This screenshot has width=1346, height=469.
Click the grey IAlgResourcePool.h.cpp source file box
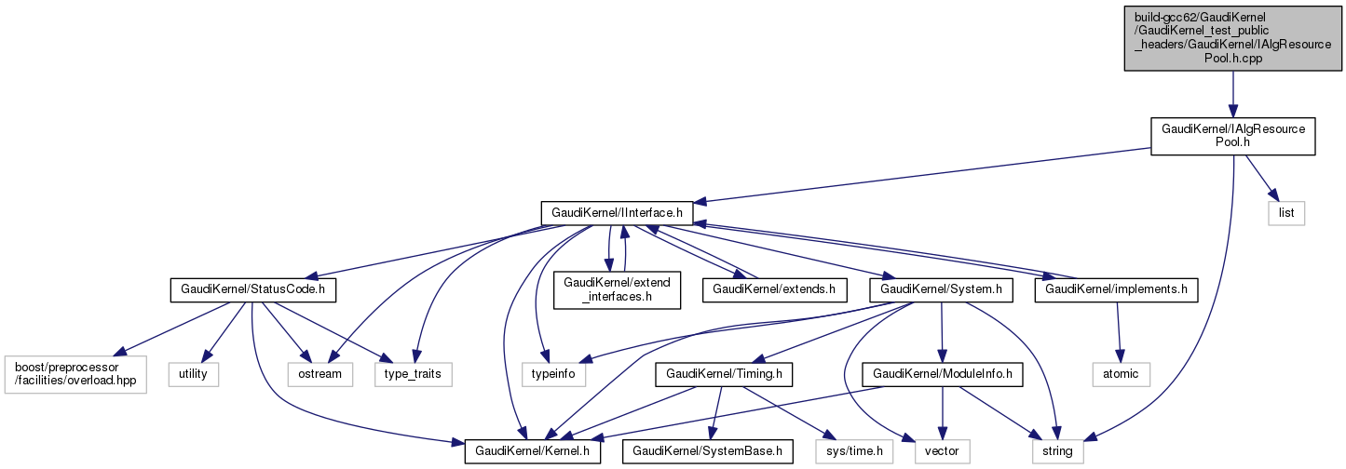[1231, 37]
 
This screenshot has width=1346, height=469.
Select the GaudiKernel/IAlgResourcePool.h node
[1231, 136]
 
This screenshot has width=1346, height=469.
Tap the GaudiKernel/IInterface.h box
[616, 212]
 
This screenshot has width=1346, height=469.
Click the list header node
[1286, 212]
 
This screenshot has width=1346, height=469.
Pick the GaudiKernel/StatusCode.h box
[252, 289]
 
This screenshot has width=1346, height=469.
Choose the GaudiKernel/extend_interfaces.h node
[615, 289]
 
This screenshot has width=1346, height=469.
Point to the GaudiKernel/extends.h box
[774, 289]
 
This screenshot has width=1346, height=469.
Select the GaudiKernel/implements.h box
[1116, 289]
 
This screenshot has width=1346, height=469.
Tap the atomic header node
[1121, 374]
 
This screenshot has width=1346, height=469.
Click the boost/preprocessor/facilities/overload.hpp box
[75, 374]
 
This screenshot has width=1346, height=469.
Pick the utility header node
[194, 374]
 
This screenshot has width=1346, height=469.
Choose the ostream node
[320, 374]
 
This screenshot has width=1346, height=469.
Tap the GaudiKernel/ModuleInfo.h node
[944, 374]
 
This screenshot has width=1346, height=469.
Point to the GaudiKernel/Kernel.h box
[533, 451]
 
